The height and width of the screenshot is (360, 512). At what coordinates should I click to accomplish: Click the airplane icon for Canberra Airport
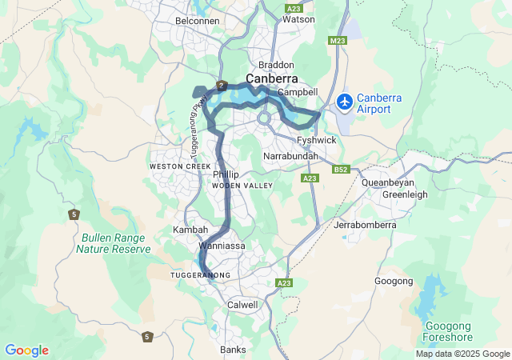click(345, 102)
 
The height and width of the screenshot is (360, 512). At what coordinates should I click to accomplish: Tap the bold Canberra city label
click(272, 79)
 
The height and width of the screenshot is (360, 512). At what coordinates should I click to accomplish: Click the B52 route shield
click(342, 169)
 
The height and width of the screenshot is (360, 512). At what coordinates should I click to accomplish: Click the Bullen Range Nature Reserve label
click(114, 243)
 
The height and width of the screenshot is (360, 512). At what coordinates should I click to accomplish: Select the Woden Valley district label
click(242, 186)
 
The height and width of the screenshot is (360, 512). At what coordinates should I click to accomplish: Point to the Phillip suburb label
click(226, 174)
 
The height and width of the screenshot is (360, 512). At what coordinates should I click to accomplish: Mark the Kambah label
click(190, 230)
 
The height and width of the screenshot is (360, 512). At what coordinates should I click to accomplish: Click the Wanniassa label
click(222, 246)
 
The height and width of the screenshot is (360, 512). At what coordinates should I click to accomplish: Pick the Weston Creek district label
click(174, 166)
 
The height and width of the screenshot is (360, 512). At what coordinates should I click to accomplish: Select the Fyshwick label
click(316, 140)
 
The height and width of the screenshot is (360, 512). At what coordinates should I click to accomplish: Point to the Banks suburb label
click(233, 350)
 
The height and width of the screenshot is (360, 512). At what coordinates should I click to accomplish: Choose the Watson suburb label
click(300, 18)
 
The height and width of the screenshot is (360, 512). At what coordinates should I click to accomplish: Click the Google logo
click(26, 350)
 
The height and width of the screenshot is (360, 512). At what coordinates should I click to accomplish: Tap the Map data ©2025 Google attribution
click(462, 354)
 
